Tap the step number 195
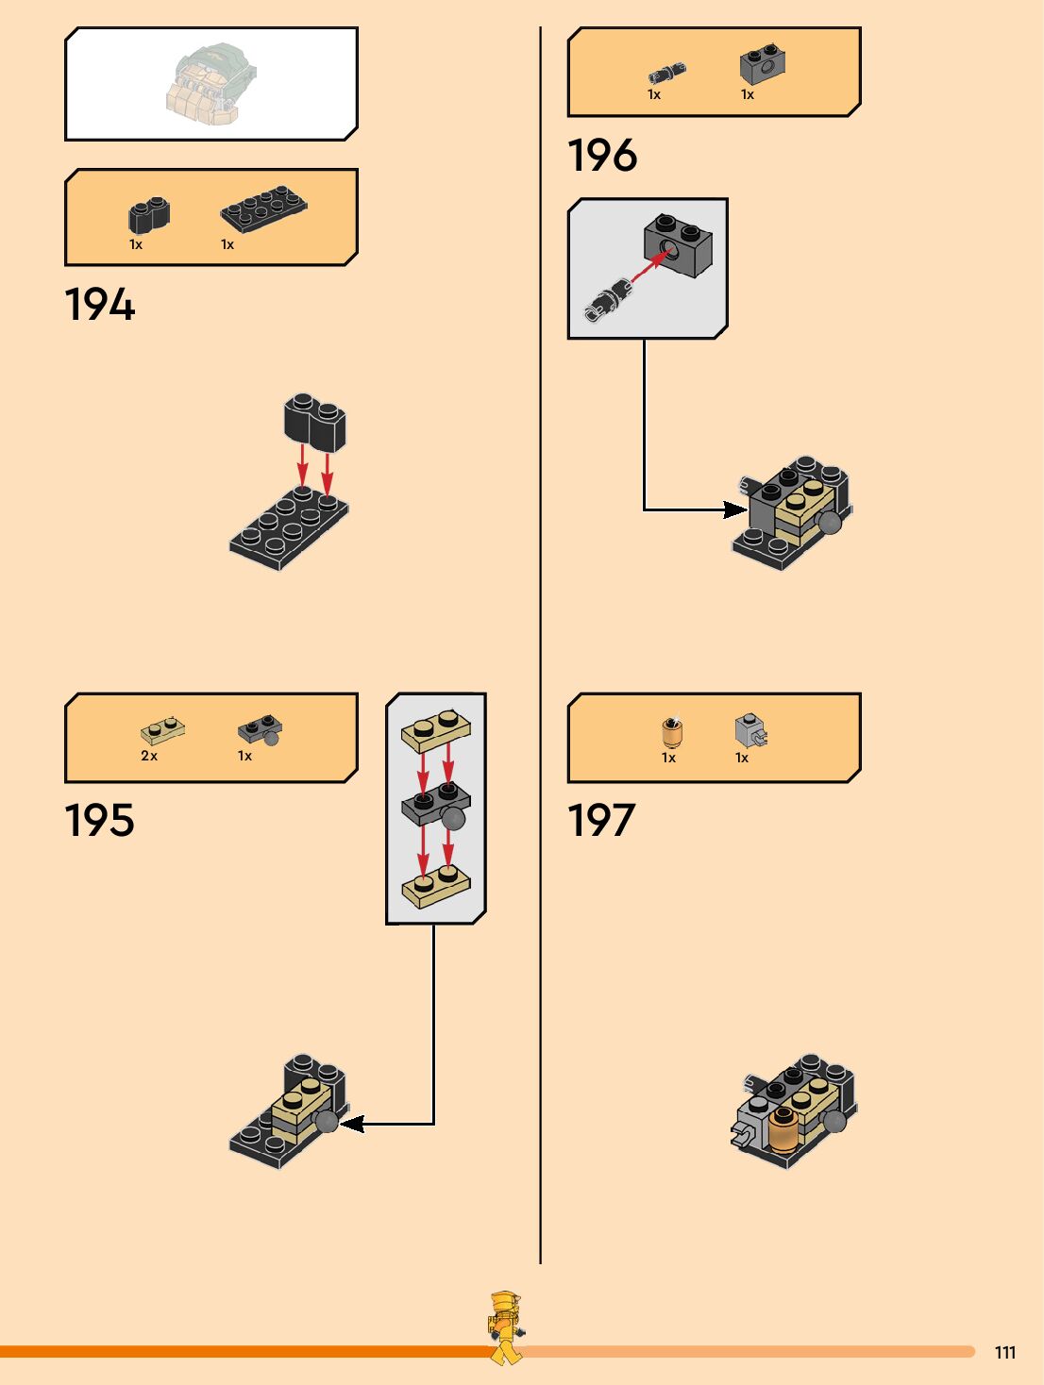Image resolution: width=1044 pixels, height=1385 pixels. [100, 820]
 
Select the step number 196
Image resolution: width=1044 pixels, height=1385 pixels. [602, 156]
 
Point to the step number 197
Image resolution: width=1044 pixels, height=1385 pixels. [601, 820]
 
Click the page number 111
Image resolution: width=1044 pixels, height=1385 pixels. [1005, 1353]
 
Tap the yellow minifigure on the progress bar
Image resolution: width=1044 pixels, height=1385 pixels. [506, 1327]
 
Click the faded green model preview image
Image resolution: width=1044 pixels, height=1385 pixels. [211, 84]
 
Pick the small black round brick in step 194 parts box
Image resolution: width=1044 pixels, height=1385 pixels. [149, 215]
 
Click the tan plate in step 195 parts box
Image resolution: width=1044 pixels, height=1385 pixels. [162, 730]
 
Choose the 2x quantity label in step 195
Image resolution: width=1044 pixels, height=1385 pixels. [149, 756]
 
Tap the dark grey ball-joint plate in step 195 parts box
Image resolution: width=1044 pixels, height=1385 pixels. [260, 730]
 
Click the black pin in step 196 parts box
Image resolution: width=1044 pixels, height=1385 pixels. [666, 73]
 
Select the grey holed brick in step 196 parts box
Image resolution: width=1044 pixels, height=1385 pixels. [762, 64]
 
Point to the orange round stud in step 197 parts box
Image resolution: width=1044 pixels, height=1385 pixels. [671, 731]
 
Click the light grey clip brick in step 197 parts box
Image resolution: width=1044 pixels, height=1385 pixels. [750, 730]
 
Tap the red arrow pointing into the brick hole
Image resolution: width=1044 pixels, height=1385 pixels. [651, 266]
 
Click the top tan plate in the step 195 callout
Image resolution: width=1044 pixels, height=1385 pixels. [436, 730]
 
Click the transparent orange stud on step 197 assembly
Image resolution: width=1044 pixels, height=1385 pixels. [783, 1129]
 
